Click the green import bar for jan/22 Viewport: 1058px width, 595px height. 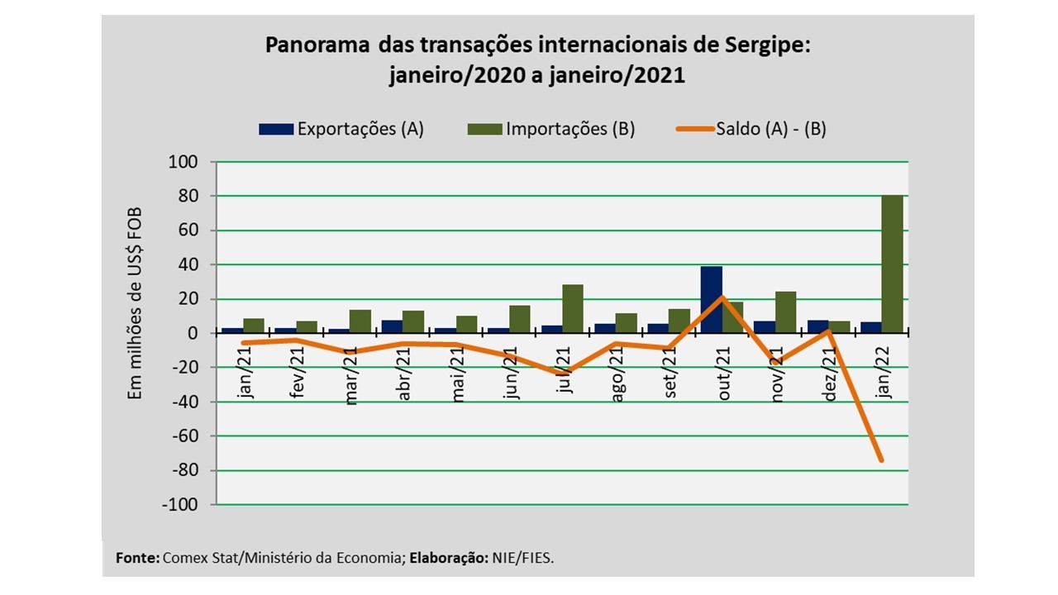tap(892, 264)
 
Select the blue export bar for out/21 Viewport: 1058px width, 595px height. tap(712, 299)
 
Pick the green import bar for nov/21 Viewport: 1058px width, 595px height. tap(785, 312)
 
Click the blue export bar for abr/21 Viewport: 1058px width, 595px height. tap(392, 326)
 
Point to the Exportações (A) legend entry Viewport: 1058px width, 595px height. tap(341, 129)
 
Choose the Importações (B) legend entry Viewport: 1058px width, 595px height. tap(551, 129)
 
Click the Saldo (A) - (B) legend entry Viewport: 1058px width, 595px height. tap(751, 129)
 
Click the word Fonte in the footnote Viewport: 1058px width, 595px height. tap(137, 558)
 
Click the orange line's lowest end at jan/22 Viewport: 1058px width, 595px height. tap(881, 460)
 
